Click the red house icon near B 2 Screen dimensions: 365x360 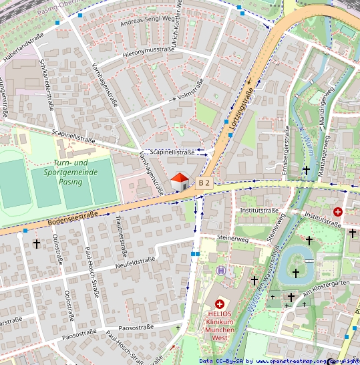coord(180,181)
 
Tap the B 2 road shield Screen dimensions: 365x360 coord(204,182)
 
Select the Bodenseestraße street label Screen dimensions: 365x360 coord(73,218)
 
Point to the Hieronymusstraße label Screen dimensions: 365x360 coord(148,51)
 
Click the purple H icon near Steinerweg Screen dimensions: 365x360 coord(221,271)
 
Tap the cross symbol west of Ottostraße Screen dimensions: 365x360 coord(37,244)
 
